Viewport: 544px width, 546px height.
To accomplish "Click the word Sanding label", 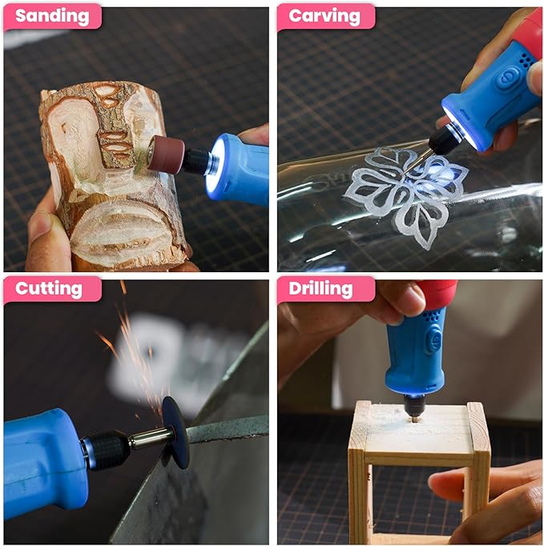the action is [52, 16].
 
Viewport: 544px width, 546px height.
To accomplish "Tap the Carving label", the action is [324, 16].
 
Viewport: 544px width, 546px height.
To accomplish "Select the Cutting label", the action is [49, 289].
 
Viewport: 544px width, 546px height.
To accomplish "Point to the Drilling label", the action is [320, 289].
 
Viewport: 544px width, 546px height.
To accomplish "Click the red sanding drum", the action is [166, 153].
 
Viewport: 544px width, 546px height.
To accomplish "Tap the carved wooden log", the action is [111, 174].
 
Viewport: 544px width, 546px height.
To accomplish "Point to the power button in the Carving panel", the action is [507, 78].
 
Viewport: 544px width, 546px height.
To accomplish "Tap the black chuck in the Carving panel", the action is [443, 141].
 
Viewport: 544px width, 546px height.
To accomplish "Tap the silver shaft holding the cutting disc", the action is [151, 437].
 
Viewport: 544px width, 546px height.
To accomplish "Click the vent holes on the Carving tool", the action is [526, 62].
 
